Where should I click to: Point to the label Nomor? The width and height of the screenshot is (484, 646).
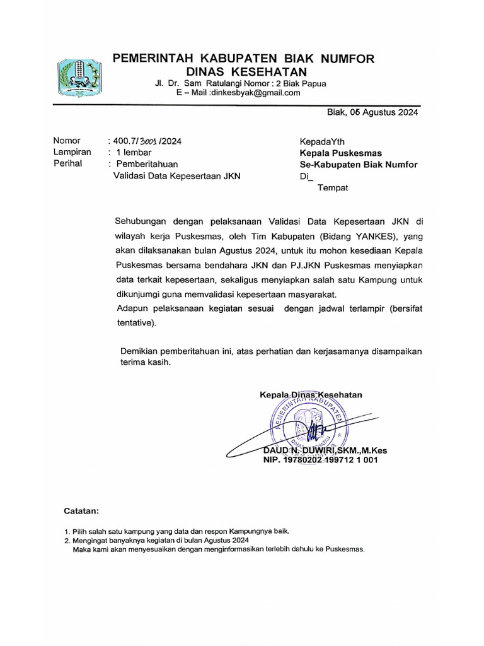(x=67, y=141)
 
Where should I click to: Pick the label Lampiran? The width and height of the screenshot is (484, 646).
(x=72, y=152)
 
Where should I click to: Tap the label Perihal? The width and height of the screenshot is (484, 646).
(x=69, y=163)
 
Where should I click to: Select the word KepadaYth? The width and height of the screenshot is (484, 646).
(x=322, y=141)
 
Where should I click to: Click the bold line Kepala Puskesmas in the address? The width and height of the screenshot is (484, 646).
(x=340, y=153)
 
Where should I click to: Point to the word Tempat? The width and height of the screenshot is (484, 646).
(x=332, y=187)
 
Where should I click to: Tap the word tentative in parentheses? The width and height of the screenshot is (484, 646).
(x=134, y=323)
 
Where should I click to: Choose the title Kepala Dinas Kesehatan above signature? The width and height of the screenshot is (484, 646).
(x=311, y=395)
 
